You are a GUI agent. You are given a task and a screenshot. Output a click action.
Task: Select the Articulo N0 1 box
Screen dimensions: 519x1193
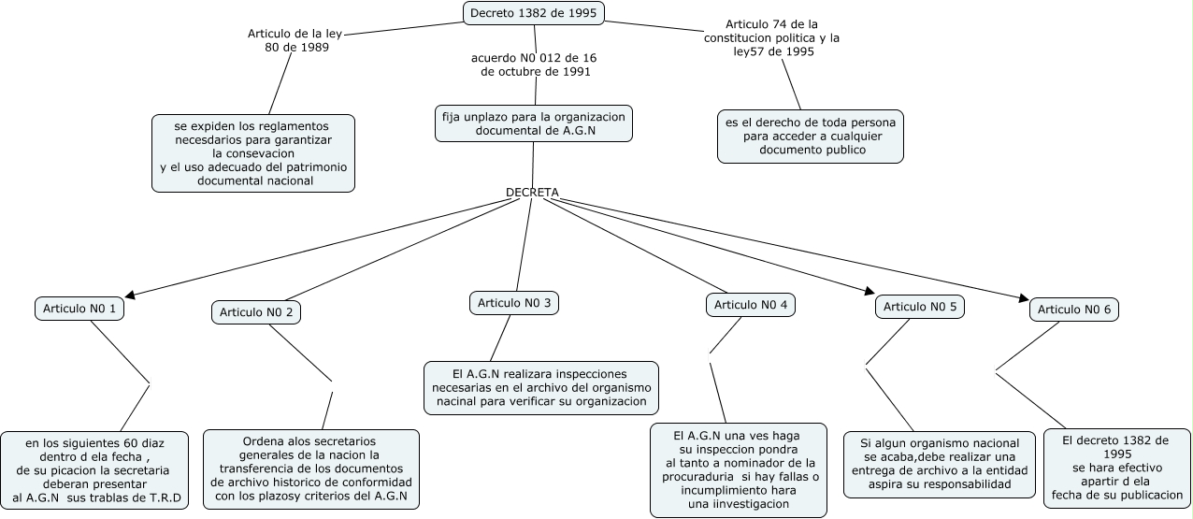[x=79, y=309]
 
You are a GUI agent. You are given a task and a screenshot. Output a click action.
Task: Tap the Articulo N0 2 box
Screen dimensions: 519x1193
[x=256, y=312]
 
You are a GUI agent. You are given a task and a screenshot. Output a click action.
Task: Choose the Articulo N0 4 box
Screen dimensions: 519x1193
[x=751, y=305]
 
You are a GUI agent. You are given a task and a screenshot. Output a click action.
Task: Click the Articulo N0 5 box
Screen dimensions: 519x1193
[x=920, y=307]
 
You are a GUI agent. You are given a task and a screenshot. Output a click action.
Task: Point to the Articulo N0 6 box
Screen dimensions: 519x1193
[x=1074, y=310]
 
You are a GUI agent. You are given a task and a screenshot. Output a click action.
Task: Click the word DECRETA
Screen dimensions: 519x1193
[x=532, y=193]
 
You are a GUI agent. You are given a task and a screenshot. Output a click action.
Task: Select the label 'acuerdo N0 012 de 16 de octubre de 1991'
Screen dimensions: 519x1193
[x=535, y=65]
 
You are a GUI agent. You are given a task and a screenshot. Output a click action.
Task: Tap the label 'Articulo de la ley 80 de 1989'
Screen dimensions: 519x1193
[x=295, y=40]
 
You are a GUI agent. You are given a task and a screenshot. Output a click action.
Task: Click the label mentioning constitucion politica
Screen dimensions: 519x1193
[x=772, y=38]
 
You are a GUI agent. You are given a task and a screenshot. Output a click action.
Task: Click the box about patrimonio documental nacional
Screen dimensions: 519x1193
[x=253, y=153]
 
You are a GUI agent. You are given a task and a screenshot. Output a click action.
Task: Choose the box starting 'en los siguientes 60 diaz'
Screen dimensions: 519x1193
[x=94, y=469]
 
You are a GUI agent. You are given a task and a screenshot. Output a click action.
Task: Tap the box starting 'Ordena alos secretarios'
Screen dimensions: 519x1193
[x=310, y=469]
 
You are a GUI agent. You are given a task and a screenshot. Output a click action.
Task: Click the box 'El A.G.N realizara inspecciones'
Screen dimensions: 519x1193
[x=540, y=387]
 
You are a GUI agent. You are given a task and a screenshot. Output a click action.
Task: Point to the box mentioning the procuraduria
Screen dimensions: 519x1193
[x=738, y=469]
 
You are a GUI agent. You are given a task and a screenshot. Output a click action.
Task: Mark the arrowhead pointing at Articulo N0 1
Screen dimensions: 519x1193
[x=131, y=296]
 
